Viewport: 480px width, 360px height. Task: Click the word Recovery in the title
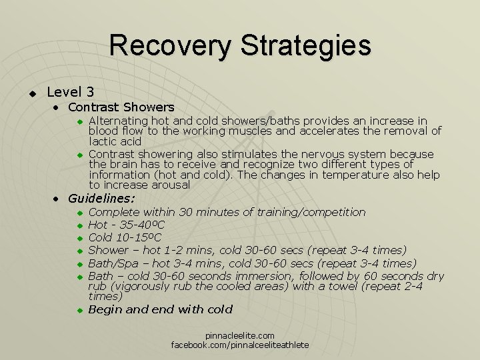click(170, 45)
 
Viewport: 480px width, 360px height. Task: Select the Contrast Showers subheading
click(121, 107)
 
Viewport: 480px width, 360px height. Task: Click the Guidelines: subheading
click(101, 198)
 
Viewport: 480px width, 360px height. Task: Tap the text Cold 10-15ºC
click(125, 237)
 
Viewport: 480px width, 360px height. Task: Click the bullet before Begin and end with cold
click(78, 310)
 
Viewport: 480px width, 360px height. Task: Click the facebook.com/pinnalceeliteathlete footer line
click(240, 345)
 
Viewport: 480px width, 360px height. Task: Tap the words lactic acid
click(115, 141)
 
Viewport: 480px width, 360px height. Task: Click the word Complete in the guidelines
click(115, 212)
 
